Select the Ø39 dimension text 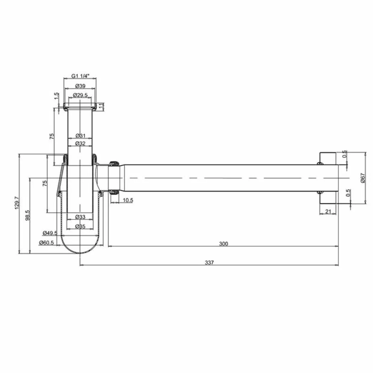coord(80,86)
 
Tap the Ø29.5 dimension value coord(80,95)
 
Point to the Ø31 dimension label coord(80,136)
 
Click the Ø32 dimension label coord(80,143)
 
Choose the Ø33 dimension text coord(80,217)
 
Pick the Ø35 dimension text coord(80,226)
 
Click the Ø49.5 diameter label coord(50,233)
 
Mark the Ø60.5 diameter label coord(46,242)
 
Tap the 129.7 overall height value coord(17,203)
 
